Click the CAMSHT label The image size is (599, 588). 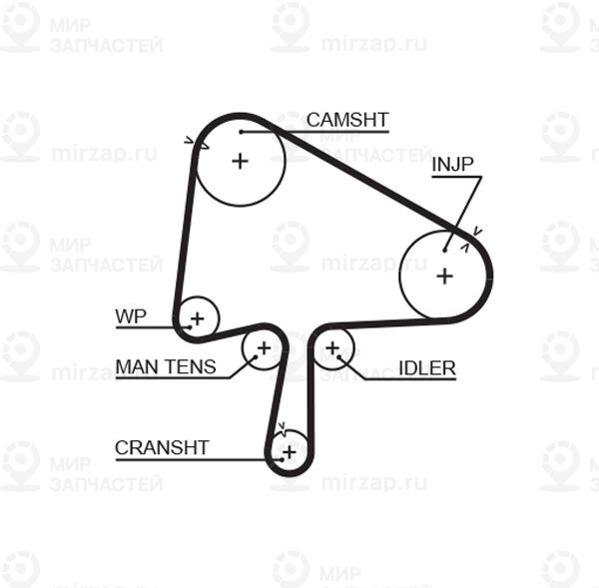coord(347,120)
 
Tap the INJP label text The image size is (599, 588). coord(452,165)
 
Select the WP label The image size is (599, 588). coord(131,316)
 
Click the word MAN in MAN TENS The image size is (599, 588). coord(136,366)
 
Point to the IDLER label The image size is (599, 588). coord(427,368)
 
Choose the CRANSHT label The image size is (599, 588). coord(162,448)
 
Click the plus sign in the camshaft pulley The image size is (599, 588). coord(241,161)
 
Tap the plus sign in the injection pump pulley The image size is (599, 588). coord(444,276)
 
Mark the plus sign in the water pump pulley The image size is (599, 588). coord(198,318)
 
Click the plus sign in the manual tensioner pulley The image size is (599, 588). coord(264,348)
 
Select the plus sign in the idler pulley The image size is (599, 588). coord(332,347)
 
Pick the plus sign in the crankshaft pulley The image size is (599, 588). coord(290,452)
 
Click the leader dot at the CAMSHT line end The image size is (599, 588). coord(242,132)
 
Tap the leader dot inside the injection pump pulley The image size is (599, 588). coord(444,251)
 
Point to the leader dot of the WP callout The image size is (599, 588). coord(190,327)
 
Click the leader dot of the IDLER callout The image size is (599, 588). coord(338,357)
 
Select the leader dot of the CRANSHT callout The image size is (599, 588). coord(282,459)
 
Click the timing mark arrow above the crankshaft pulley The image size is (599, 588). coord(283,426)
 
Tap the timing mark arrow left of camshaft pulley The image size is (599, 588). coord(189,140)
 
